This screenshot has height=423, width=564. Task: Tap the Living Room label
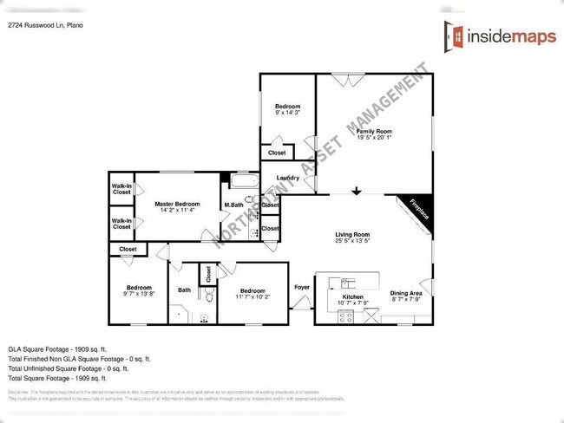tap(352, 234)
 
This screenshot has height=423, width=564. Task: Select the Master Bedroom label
tap(178, 205)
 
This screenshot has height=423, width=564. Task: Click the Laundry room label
tap(287, 179)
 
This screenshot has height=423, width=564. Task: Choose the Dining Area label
tap(405, 294)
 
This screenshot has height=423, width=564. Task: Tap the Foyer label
tap(301, 287)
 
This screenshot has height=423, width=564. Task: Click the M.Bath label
tap(233, 205)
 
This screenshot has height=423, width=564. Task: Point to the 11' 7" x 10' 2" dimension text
tap(252, 297)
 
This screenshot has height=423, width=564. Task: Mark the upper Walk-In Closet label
tap(121, 189)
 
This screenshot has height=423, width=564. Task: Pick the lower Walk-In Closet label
tap(121, 225)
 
